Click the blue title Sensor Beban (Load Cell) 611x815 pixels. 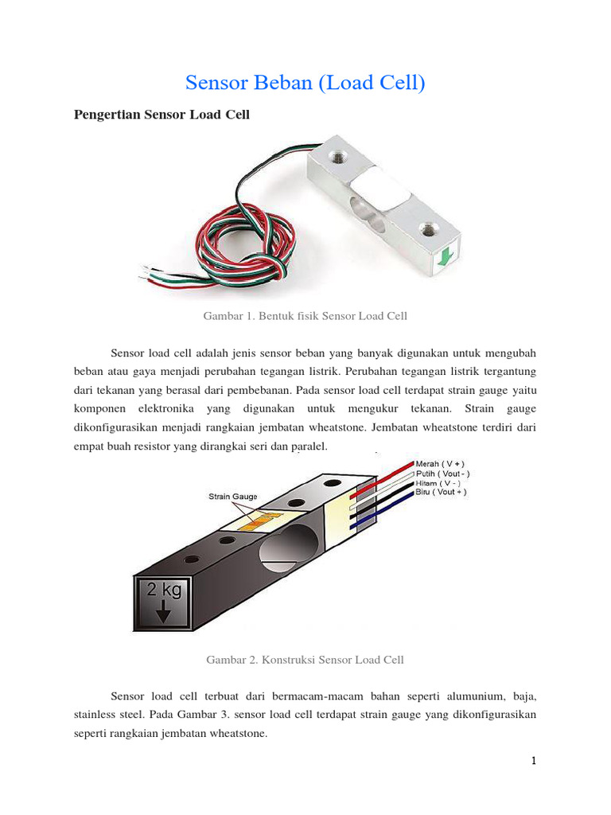pos(305,83)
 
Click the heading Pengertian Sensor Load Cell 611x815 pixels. pos(162,115)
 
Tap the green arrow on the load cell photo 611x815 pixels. pos(446,255)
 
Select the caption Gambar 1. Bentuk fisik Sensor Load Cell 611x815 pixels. pos(305,316)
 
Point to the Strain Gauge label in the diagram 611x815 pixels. pos(233,497)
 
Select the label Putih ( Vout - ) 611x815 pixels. pos(443,473)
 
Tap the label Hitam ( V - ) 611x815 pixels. pos(439,482)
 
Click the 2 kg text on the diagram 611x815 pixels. pos(163,591)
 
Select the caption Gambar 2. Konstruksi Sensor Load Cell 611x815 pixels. pos(305,660)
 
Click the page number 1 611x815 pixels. pos(535,761)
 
